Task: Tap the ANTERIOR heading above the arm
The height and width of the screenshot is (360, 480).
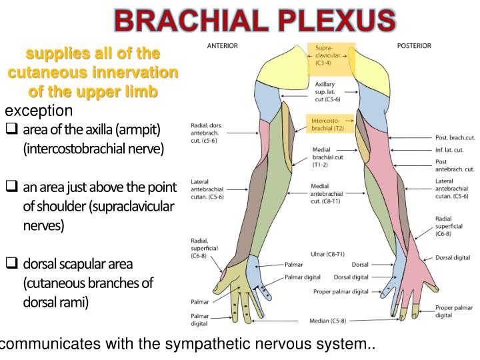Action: point(223,46)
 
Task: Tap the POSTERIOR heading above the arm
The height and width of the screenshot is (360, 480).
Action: point(415,46)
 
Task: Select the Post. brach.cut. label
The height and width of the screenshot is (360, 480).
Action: point(455,137)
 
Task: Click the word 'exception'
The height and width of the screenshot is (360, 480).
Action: point(39,110)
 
